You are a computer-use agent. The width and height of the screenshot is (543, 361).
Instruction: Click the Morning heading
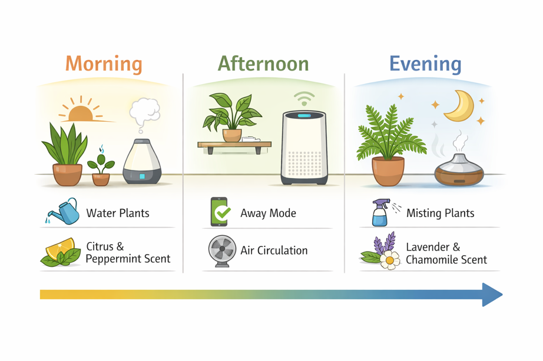click(104, 63)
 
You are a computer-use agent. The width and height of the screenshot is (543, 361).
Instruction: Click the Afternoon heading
click(263, 63)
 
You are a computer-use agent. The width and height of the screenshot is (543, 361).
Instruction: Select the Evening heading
click(425, 63)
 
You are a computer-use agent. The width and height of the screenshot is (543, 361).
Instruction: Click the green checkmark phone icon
click(219, 212)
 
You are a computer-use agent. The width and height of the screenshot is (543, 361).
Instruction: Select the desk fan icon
click(222, 250)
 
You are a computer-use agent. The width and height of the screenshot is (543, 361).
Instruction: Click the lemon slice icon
click(61, 252)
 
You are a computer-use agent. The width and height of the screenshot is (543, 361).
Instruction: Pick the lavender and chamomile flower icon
click(380, 253)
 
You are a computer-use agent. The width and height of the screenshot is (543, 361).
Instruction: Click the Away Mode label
click(268, 213)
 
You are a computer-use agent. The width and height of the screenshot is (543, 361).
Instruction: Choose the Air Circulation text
click(274, 250)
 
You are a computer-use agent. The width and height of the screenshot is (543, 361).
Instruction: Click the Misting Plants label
click(440, 213)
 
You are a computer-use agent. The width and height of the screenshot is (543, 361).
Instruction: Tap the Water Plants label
click(118, 213)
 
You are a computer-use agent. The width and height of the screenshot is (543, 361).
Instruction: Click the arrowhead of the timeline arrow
click(492, 295)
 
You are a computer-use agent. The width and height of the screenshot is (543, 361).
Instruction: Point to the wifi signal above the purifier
click(304, 98)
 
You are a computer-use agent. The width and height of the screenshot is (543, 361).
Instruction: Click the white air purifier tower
click(303, 148)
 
